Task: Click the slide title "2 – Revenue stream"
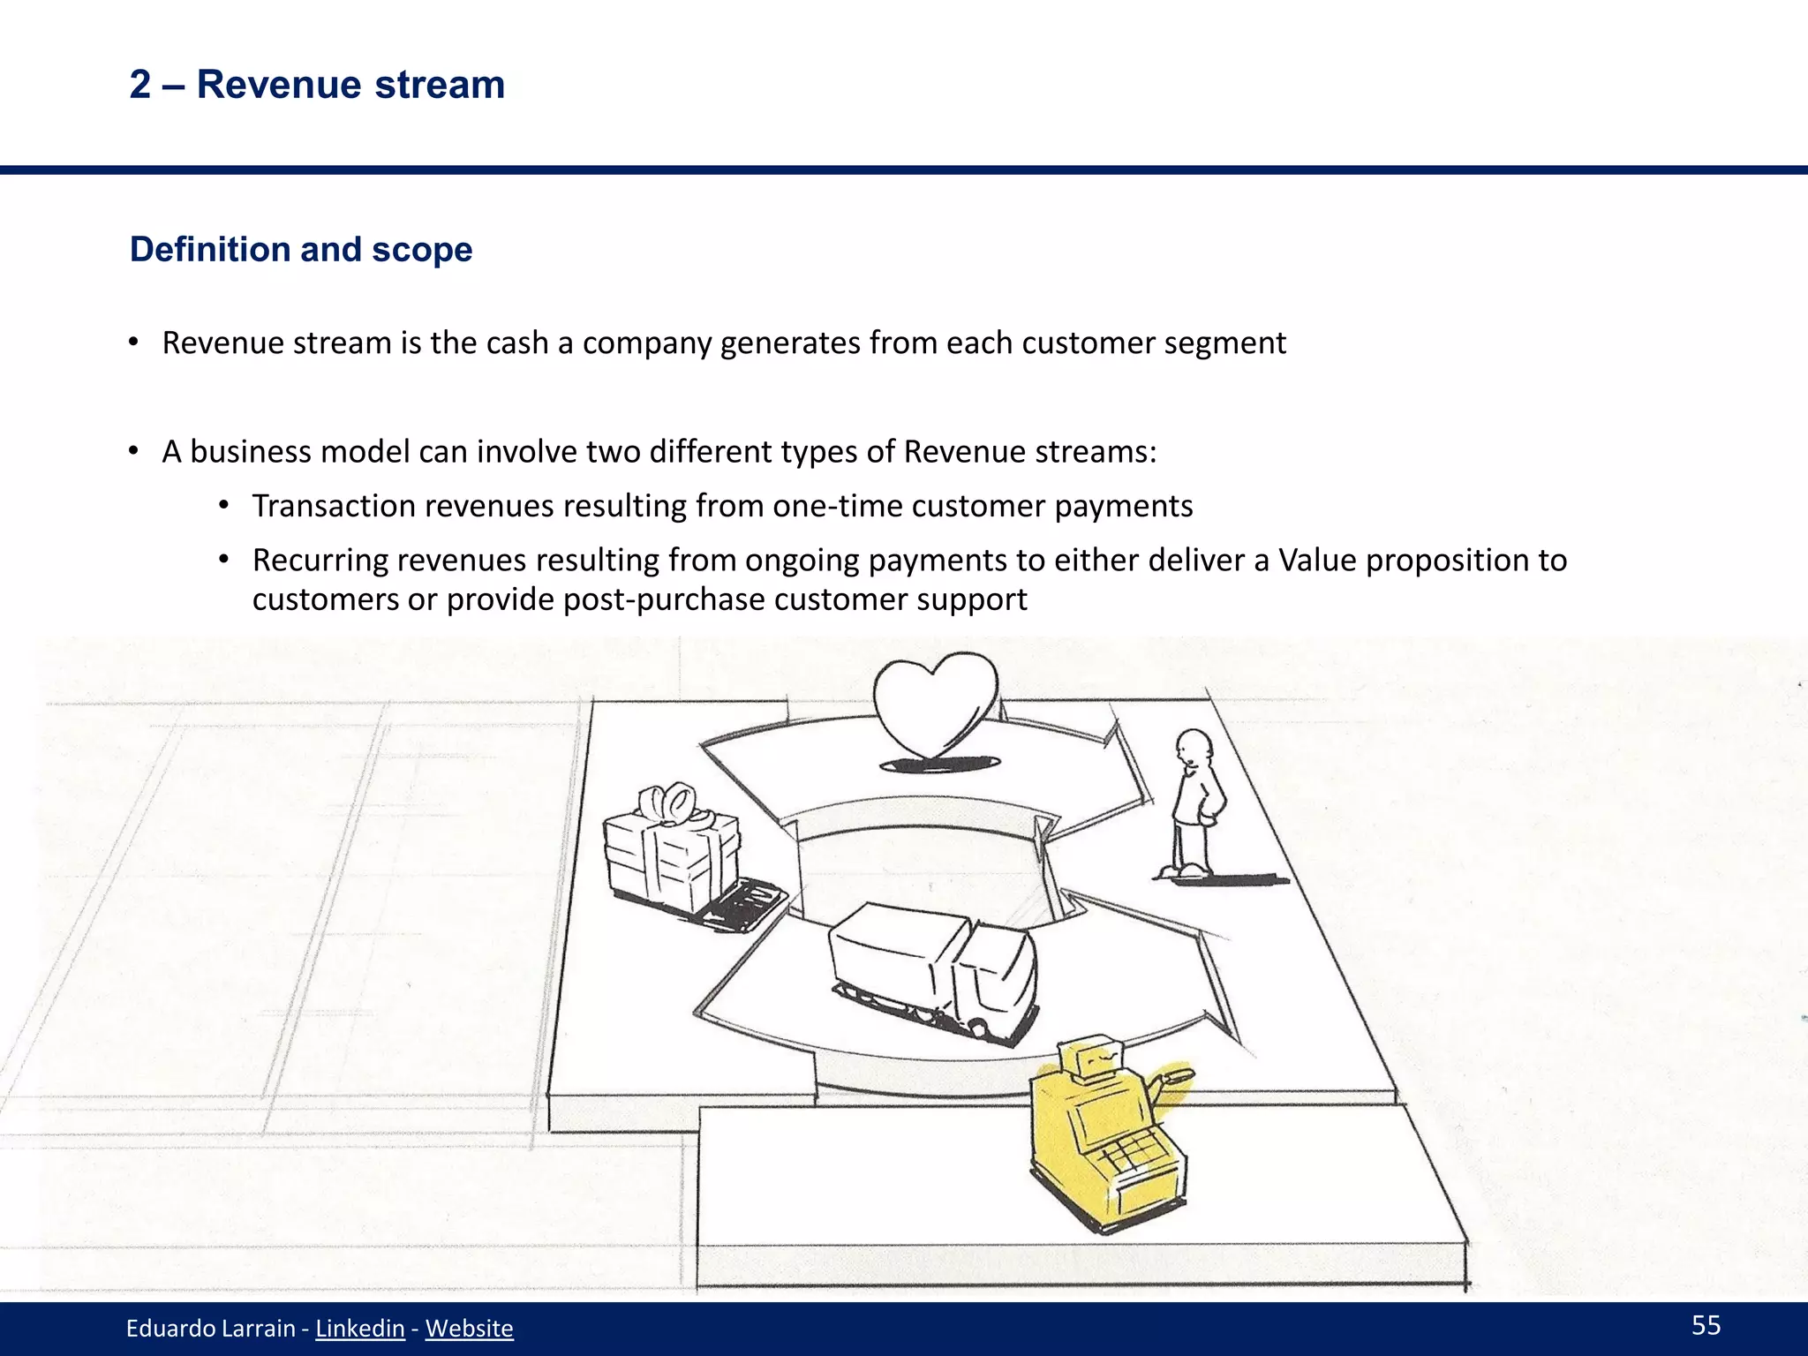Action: point(317,85)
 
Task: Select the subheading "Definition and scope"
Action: point(301,250)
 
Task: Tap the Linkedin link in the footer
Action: point(359,1328)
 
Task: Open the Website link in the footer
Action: point(469,1328)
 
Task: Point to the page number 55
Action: point(1706,1324)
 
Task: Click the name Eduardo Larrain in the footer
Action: point(210,1328)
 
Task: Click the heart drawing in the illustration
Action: point(935,706)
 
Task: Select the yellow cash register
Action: point(1107,1139)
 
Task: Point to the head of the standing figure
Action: point(1194,747)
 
